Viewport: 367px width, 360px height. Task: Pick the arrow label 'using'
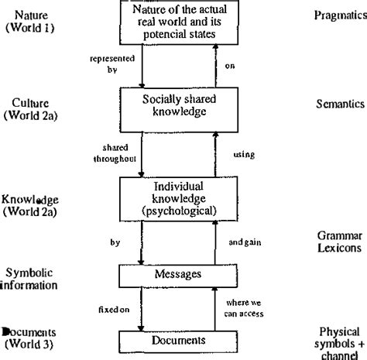click(244, 155)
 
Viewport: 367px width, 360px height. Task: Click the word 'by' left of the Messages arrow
click(115, 242)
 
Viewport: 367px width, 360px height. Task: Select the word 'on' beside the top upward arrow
click(230, 65)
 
